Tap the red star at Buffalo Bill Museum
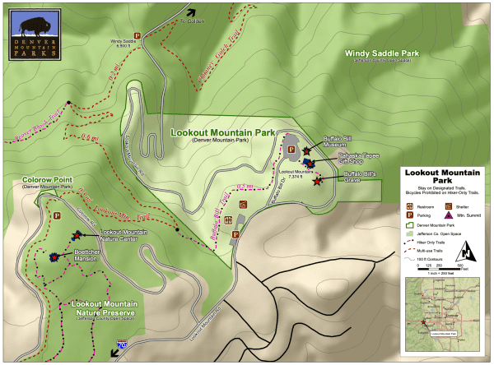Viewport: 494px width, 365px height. tap(306, 151)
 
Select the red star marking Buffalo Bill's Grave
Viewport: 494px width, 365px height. tap(318, 182)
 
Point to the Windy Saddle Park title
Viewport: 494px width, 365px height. tap(384, 53)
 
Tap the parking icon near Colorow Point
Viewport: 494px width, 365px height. tap(58, 215)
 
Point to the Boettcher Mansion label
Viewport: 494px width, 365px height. tap(86, 256)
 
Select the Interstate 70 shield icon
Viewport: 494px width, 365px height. tap(122, 349)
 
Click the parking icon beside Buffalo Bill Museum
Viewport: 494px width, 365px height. tap(291, 149)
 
